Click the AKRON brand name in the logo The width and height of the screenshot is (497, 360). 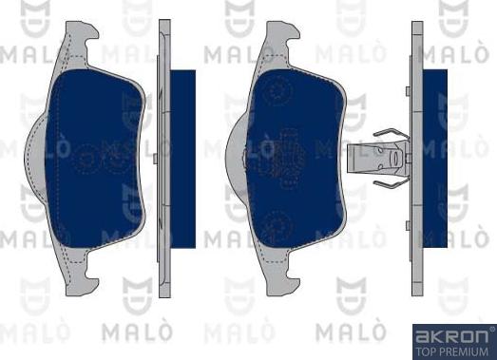coord(452,336)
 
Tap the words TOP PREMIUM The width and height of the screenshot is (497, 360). coord(452,351)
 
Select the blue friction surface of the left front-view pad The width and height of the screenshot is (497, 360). coord(94,159)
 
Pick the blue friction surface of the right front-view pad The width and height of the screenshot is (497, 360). coord(296,159)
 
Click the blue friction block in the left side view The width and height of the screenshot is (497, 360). coord(182,159)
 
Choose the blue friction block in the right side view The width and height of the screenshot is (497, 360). coord(435,159)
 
